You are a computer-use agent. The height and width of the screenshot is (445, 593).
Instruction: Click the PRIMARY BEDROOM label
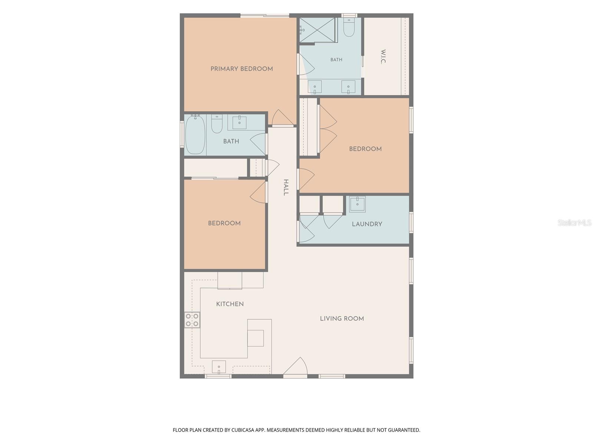(242, 69)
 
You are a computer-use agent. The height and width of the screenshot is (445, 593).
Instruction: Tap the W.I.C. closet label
(383, 56)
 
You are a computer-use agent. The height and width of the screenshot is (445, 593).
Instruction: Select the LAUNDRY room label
(367, 224)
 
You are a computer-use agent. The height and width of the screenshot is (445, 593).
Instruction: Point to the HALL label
(286, 187)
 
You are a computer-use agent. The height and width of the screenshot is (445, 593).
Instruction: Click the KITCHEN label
(230, 304)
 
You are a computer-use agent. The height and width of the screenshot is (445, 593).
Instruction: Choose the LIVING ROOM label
(342, 319)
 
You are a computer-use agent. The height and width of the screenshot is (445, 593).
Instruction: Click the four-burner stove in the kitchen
(192, 320)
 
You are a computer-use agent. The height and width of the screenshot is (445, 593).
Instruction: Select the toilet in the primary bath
(349, 27)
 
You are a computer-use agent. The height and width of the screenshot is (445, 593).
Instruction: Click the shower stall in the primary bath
(317, 30)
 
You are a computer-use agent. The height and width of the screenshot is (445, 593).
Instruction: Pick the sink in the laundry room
(357, 205)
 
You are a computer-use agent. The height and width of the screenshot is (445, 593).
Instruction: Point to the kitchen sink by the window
(219, 367)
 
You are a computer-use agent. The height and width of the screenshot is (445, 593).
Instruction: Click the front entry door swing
(295, 366)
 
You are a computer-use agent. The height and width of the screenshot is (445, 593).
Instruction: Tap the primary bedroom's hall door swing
(282, 118)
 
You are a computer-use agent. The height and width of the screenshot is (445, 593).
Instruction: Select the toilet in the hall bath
(217, 124)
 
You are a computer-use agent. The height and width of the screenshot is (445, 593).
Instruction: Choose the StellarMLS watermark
(574, 222)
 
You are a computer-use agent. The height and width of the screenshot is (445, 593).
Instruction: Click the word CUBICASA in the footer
(243, 430)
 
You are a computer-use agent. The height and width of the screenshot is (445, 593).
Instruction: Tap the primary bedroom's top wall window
(265, 16)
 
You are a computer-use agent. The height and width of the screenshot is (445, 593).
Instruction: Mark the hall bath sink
(240, 122)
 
